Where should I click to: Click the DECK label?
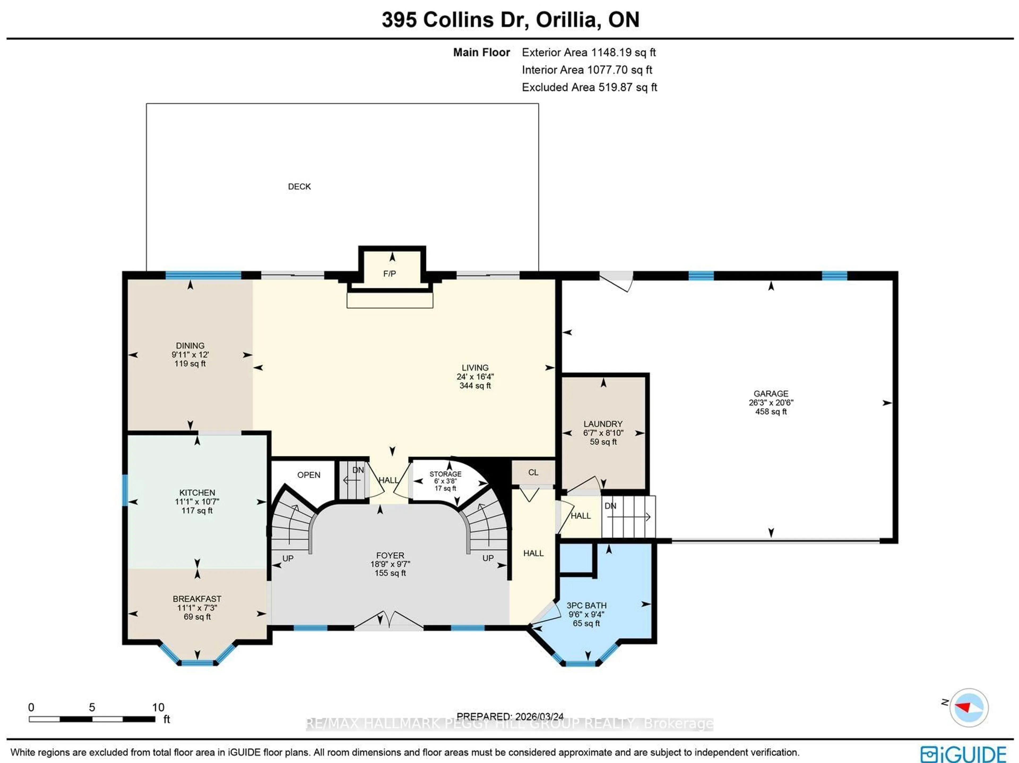click(x=299, y=187)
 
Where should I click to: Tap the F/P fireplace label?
click(x=389, y=274)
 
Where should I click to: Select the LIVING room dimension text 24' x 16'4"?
click(x=475, y=376)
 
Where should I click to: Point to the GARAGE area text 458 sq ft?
click(x=771, y=411)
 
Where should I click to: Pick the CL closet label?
click(x=533, y=472)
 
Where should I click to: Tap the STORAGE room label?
click(x=445, y=474)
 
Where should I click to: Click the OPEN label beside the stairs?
click(x=309, y=475)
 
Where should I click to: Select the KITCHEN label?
click(x=197, y=493)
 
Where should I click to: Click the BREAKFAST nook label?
click(x=197, y=598)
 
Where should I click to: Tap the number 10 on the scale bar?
click(x=158, y=707)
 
